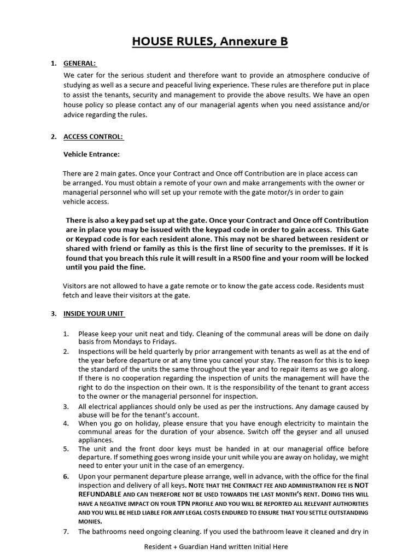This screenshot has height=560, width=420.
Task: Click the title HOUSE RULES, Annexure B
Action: [x=210, y=41]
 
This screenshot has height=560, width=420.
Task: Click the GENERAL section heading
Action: [x=80, y=63]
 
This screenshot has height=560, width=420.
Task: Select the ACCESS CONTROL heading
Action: [x=94, y=137]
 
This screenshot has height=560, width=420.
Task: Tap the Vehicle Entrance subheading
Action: [x=91, y=155]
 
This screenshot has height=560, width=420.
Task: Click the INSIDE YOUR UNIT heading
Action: [x=94, y=314]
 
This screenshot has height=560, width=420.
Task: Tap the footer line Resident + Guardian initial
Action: [x=216, y=547]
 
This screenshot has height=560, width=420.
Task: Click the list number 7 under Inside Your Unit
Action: [x=66, y=532]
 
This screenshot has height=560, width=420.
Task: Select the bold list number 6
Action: [x=66, y=476]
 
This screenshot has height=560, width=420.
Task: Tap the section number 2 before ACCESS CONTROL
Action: [x=54, y=137]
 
